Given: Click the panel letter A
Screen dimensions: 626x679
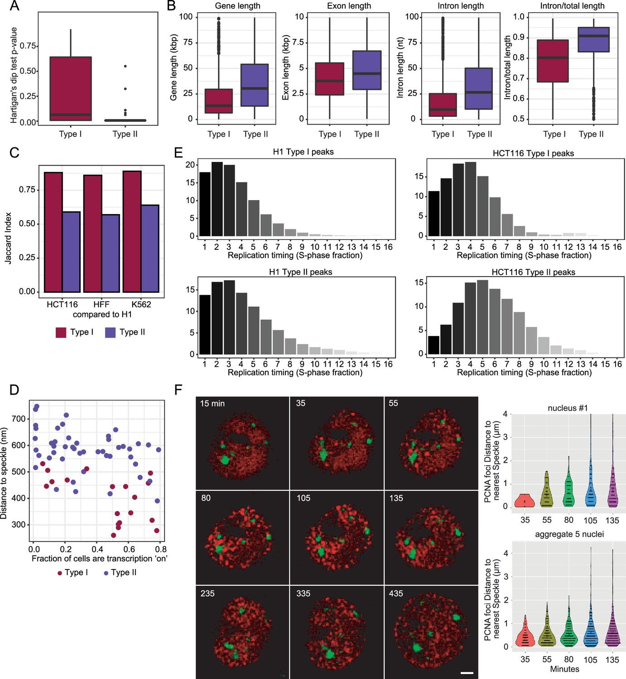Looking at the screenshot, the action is (x=14, y=6).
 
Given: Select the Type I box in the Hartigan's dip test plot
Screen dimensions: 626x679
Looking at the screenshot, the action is (x=71, y=89).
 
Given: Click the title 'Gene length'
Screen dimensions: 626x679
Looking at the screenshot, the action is (x=237, y=6).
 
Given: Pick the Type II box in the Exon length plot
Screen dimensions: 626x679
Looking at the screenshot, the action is (x=367, y=70).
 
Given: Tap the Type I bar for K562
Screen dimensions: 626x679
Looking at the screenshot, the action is (x=132, y=231).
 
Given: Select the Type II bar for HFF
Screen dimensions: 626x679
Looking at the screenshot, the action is (x=111, y=253).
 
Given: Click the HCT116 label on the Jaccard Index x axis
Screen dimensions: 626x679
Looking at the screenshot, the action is (x=62, y=304).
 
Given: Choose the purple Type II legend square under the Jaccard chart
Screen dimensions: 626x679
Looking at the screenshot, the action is (x=111, y=332).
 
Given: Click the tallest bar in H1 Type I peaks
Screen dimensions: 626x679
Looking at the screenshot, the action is (x=217, y=199).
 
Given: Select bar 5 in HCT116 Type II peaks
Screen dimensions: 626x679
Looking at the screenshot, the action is (x=482, y=317).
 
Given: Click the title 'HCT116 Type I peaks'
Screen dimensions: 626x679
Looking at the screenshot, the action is (x=533, y=153).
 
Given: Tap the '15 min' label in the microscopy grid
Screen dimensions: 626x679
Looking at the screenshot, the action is (x=212, y=403).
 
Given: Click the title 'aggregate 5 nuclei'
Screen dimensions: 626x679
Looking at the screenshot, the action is (x=569, y=534).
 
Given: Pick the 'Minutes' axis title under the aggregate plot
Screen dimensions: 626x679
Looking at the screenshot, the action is (x=565, y=669).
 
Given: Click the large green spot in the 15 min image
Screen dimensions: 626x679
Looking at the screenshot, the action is (x=225, y=460).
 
